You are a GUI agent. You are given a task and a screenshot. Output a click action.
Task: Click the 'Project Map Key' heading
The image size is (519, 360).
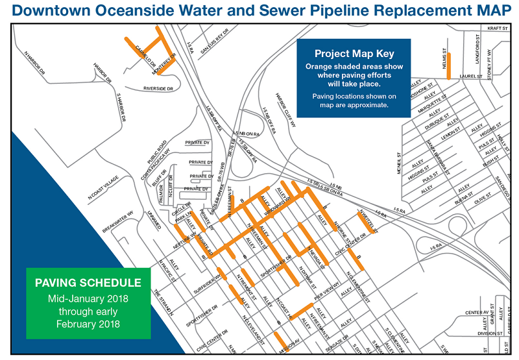pos(354,53)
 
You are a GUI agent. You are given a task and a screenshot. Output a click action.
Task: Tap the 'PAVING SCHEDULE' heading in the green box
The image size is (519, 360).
pos(88,283)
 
